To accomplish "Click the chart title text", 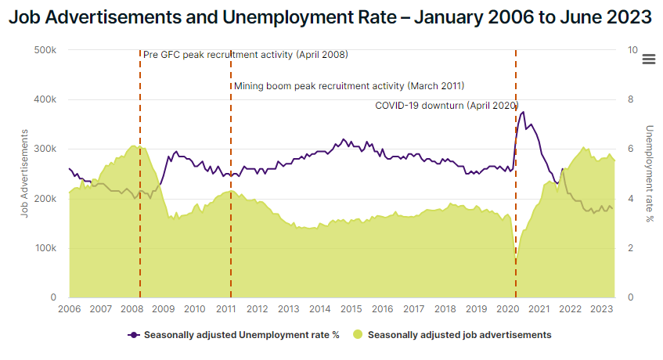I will pos(331,16).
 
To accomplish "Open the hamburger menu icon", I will pos(648,59).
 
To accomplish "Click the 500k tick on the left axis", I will pos(45,50).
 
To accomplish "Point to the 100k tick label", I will pos(45,248).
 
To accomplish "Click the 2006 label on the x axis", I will pos(69,309).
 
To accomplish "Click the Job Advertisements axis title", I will pos(25,174).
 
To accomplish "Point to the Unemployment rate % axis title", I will pos(649,174).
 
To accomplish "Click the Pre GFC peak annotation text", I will pos(246,55).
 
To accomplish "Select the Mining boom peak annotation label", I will pos(349,85).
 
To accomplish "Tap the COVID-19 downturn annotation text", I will pos(447,105).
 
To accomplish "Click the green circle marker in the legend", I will pos(358,335).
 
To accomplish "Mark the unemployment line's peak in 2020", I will pos(523,112).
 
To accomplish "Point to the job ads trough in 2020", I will pos(516,254).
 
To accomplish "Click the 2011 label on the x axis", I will pos(225,309).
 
